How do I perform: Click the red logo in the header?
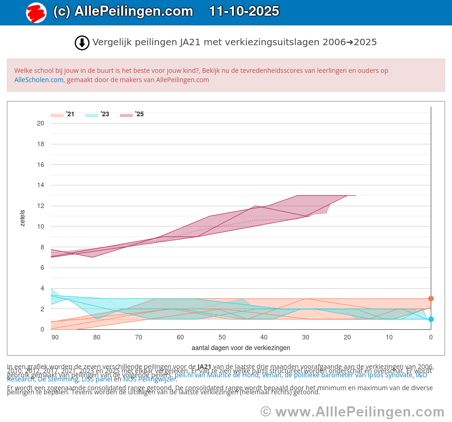tap(36, 12)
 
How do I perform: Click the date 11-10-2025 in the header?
tap(244, 12)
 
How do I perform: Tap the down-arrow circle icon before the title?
tap(82, 43)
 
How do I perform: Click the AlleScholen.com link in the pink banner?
tap(39, 80)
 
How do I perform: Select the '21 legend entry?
tap(63, 114)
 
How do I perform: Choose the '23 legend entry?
tap(97, 114)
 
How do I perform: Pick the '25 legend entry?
tap(132, 114)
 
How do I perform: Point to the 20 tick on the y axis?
tap(41, 123)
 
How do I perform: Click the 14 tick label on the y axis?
tap(41, 185)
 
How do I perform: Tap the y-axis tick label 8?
tap(42, 247)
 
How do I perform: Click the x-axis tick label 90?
tap(55, 338)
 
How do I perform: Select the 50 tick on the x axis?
tap(222, 338)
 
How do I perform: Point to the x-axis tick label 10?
tap(389, 338)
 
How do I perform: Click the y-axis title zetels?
tap(23, 218)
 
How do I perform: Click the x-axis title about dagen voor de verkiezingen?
tap(241, 348)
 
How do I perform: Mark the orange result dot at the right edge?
tap(431, 298)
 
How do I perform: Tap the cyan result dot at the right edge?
tap(431, 319)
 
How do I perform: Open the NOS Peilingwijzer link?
tap(149, 380)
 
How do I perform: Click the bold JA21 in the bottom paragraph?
tap(204, 367)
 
